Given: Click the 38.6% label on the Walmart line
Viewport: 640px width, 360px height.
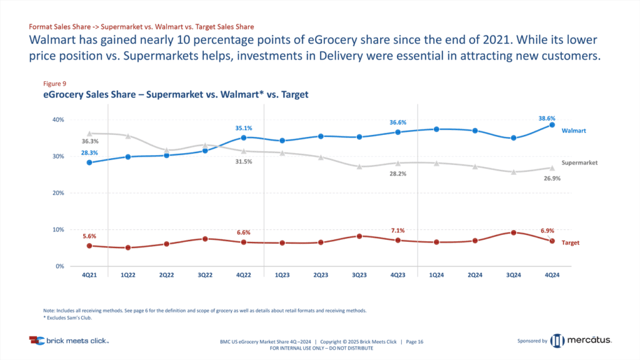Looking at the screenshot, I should click(x=546, y=119).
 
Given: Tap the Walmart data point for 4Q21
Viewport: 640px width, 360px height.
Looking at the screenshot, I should click(x=90, y=162).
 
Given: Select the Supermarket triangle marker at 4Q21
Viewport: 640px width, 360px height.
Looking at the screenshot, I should click(x=90, y=134).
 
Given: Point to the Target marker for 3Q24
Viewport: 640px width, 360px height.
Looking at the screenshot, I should click(x=513, y=232).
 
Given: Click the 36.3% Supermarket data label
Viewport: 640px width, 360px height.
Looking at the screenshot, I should click(x=90, y=142).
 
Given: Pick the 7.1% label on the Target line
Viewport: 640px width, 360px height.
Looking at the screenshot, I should click(x=397, y=232).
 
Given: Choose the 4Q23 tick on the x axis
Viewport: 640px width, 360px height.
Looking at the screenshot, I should click(x=397, y=275).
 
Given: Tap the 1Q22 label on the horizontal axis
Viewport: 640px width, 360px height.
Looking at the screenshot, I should click(x=129, y=275).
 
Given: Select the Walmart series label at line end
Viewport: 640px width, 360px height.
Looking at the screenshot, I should click(x=573, y=131).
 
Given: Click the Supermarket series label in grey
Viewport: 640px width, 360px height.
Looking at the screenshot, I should click(x=580, y=162).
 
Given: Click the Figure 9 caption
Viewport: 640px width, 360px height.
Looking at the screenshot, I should click(x=54, y=84).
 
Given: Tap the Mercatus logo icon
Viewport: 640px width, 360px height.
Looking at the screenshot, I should click(x=557, y=341).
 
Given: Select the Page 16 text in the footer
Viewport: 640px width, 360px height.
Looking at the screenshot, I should click(x=415, y=341).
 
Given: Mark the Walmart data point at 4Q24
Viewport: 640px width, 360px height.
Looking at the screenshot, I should click(x=552, y=125).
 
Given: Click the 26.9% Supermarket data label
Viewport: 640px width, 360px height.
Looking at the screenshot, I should click(x=551, y=178).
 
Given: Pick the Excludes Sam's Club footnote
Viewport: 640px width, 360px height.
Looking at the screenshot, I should click(x=66, y=318).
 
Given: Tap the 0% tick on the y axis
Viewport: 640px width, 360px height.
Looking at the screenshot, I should click(x=59, y=266).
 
